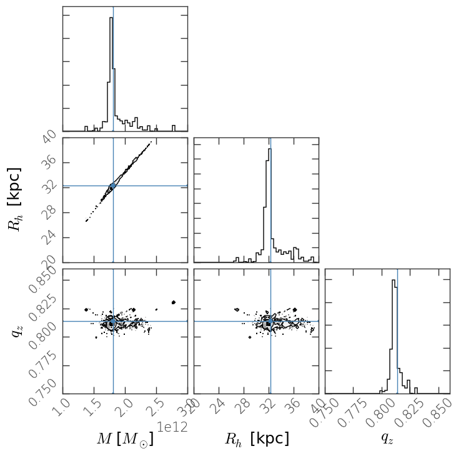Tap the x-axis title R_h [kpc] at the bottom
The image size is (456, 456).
[257, 439]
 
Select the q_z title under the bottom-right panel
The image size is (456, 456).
[387, 439]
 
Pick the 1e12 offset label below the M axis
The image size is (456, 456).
[172, 427]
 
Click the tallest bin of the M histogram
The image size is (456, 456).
[111, 69]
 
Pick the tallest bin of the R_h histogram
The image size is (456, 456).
[269, 200]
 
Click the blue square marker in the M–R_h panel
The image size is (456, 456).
[113, 186]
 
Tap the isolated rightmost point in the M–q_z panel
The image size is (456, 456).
[174, 302]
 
